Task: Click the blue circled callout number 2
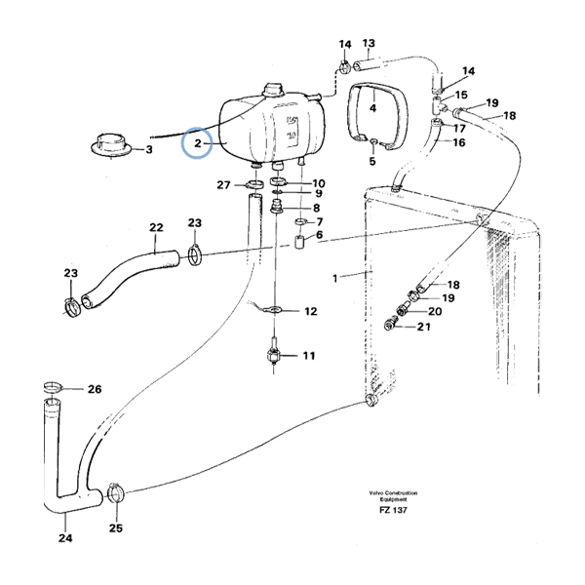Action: (198, 144)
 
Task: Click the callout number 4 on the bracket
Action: (371, 108)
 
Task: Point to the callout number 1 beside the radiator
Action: (335, 278)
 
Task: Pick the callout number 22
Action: (154, 230)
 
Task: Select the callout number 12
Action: (310, 312)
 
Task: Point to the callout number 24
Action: (64, 537)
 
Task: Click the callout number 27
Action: (223, 184)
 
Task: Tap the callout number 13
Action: (369, 43)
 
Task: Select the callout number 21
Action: (422, 327)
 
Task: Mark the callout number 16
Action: (458, 142)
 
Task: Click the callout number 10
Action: (318, 183)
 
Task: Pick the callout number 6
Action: (318, 236)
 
